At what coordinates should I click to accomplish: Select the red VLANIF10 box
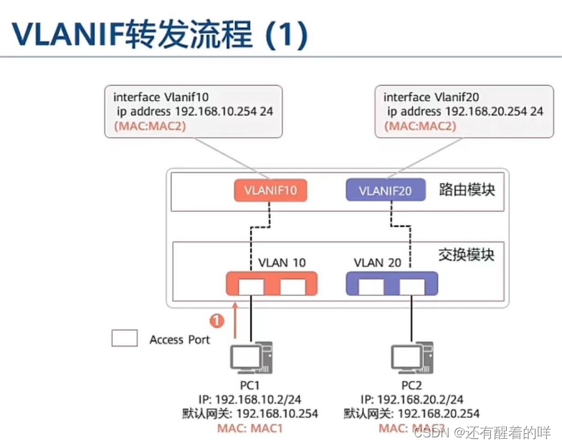pos(271,190)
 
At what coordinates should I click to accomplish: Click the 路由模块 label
pos(467,190)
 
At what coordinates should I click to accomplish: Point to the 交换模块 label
pos(467,254)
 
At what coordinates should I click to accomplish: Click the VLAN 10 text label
pos(282,262)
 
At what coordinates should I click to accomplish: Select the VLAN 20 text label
pos(378,262)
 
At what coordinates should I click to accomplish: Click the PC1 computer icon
pos(250,357)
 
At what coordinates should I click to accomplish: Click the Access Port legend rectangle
pos(124,339)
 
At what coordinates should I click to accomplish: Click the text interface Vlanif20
pos(427,97)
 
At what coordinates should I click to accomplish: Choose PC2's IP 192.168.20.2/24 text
pos(412,399)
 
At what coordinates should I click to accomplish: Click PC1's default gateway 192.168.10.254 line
pos(250,413)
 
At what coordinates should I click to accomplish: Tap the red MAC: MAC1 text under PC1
pos(250,428)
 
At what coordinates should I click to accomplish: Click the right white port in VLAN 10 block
pos(292,286)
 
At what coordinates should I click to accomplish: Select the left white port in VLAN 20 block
pos(371,286)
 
